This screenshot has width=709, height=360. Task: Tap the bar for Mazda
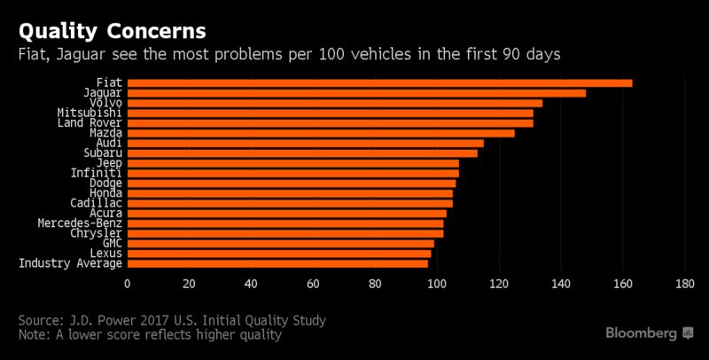pos(320,133)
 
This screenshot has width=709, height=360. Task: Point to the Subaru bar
pos(301,153)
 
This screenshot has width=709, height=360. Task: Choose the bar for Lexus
pos(278,253)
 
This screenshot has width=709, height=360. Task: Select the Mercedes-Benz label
pos(81,223)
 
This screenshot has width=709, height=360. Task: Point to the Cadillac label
pos(93,203)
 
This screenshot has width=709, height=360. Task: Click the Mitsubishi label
pos(90,113)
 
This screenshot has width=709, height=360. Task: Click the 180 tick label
pos(685,284)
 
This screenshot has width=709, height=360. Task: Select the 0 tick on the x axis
pos(128,284)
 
